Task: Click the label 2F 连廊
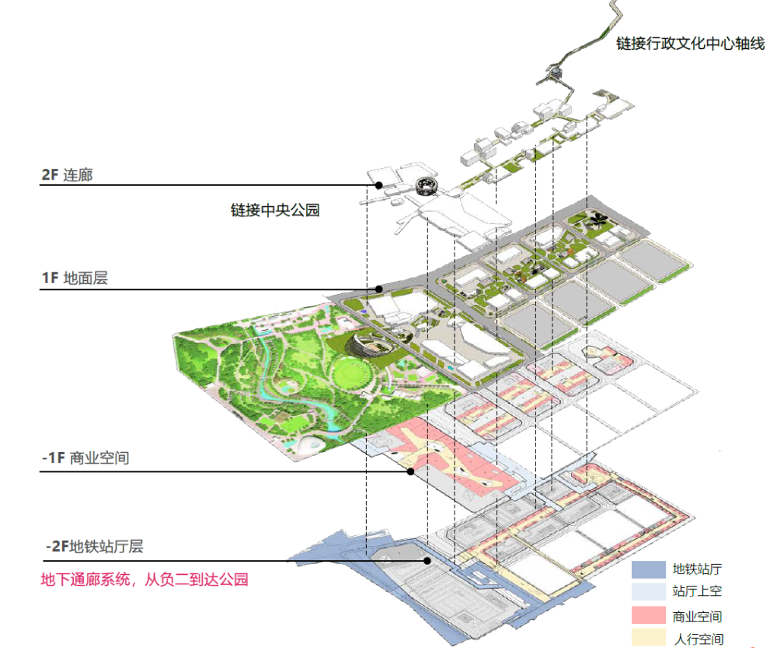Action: [67, 175]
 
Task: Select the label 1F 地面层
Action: [75, 278]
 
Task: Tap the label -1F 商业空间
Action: [85, 457]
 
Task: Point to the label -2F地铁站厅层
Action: [94, 546]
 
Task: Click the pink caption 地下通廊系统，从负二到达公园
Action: [145, 579]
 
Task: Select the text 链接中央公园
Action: [275, 210]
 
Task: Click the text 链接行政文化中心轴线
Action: [690, 43]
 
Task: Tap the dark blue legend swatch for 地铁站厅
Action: [648, 569]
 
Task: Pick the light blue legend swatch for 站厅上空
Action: [648, 591]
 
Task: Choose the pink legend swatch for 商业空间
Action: [648, 615]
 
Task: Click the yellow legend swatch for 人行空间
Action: [648, 638]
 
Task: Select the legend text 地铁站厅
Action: [697, 569]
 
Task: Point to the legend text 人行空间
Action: [699, 639]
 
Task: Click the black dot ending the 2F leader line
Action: [379, 185]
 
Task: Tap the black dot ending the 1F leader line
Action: [379, 289]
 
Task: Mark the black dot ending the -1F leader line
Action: [411, 471]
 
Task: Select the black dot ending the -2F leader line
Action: [427, 561]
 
